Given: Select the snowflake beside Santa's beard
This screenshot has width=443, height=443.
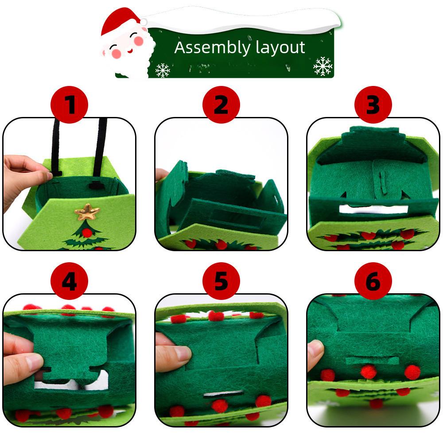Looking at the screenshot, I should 163,70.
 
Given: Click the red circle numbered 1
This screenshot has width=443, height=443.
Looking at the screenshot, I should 69,105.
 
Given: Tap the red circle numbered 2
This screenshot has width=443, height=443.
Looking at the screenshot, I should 221,105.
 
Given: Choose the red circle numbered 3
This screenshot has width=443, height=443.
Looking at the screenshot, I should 373,105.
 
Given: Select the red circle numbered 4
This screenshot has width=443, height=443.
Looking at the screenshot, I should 69,281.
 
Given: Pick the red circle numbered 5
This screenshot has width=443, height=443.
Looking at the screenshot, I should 221,281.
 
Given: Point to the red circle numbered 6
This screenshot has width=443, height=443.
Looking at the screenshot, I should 373,281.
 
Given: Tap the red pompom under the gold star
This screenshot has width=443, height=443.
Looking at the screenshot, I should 87,232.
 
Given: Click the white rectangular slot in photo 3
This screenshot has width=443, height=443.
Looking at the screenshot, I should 372,209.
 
